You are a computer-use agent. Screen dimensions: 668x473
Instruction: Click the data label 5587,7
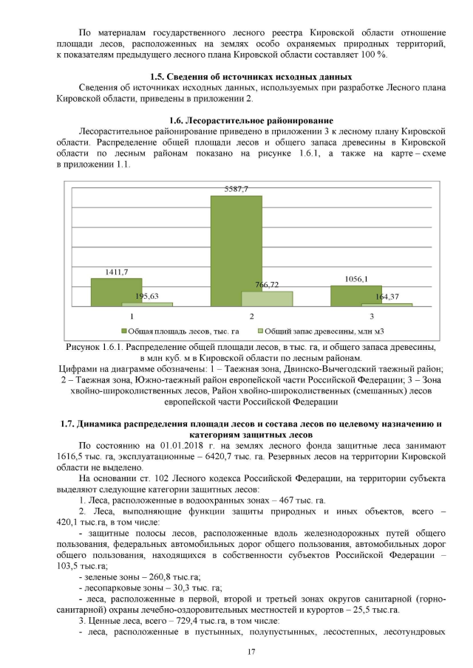pyautogui.click(x=236, y=190)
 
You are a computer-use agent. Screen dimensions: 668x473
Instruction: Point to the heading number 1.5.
pyautogui.click(x=157, y=77)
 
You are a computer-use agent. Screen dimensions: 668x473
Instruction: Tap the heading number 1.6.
pyautogui.click(x=177, y=120)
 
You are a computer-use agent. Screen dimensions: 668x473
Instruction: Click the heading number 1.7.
pyautogui.click(x=67, y=424)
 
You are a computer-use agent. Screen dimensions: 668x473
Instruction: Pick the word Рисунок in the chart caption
pyautogui.click(x=84, y=346)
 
